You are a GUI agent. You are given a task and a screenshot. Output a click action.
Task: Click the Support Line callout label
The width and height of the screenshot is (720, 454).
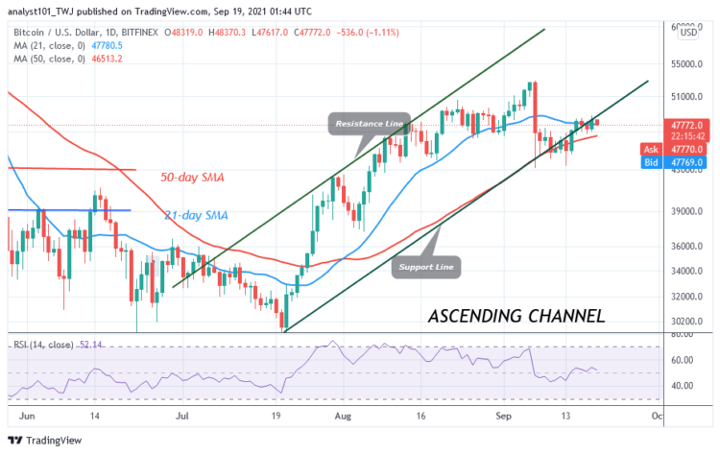click(427, 266)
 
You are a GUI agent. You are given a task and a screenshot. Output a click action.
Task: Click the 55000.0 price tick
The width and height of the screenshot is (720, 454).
click(686, 64)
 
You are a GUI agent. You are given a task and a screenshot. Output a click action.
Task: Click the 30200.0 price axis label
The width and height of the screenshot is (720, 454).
click(686, 322)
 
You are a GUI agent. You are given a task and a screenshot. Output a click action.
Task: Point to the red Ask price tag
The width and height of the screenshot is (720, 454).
click(662, 150)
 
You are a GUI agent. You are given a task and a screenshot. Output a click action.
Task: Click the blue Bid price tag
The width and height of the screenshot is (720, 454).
click(662, 163)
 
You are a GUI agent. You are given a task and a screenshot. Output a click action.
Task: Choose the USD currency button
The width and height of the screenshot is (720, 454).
click(688, 33)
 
